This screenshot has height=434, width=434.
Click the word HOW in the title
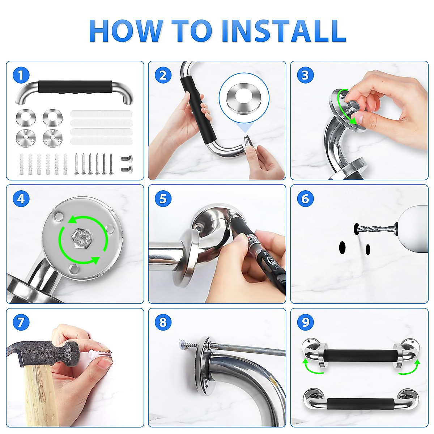click(x=126, y=31)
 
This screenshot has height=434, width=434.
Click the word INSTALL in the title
click(x=284, y=31)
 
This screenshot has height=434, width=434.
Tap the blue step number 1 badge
click(x=21, y=75)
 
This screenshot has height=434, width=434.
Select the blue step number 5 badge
click(x=163, y=199)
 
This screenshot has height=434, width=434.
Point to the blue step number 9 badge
click(x=305, y=322)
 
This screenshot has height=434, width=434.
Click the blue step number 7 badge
click(x=21, y=322)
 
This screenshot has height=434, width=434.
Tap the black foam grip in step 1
click(x=75, y=87)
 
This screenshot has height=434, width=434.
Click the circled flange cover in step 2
click(x=244, y=97)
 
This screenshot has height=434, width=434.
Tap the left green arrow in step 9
click(x=311, y=367)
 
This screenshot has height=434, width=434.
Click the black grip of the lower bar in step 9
click(x=360, y=405)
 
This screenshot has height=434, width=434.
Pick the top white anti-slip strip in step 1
click(x=102, y=113)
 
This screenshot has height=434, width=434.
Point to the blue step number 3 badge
click(x=305, y=75)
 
